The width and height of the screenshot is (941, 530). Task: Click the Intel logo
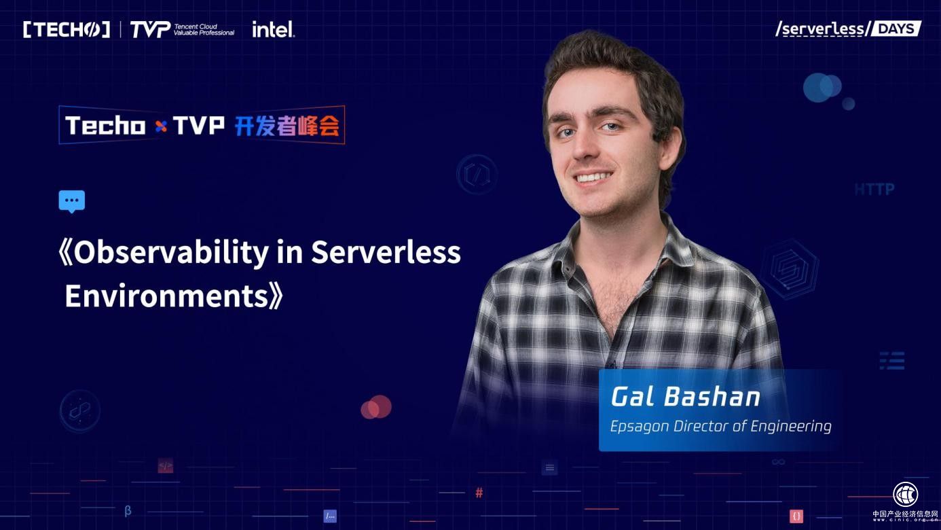[x=273, y=29]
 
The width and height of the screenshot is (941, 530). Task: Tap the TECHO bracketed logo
[x=67, y=30]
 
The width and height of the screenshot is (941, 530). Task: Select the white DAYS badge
[x=896, y=29]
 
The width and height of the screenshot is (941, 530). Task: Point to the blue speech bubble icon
[x=72, y=201]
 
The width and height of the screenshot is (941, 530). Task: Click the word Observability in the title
[x=171, y=253]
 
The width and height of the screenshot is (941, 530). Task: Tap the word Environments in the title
[x=166, y=296]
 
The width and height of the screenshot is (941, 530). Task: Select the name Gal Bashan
[x=686, y=397]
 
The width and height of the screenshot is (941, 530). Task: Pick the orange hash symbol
[x=479, y=492]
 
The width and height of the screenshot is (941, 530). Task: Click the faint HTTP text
[x=874, y=190]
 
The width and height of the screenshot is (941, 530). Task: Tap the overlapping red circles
[x=376, y=407]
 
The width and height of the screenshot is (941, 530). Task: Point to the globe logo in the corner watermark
[x=905, y=495]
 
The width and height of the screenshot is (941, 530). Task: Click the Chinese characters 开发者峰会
[x=287, y=125]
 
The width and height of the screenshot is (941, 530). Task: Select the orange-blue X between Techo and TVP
[x=161, y=126]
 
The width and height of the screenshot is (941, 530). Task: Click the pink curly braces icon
[x=796, y=516]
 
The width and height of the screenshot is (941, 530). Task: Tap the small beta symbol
[x=128, y=511]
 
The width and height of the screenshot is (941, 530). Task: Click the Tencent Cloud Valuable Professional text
[x=204, y=29]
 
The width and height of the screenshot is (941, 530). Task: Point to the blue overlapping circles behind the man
[x=822, y=88]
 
